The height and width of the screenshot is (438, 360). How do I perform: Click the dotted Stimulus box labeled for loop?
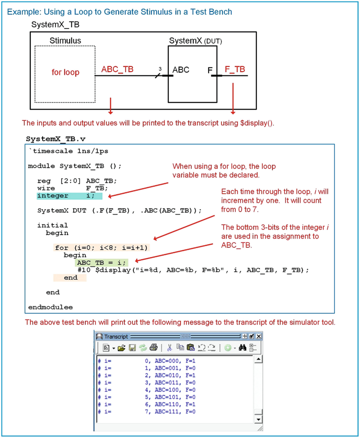[65, 73]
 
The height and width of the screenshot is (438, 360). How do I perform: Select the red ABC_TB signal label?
[117, 69]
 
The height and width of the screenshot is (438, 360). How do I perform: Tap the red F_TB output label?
[234, 69]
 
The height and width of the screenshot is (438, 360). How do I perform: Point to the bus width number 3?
[160, 69]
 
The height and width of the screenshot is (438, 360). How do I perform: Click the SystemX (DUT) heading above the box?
[195, 41]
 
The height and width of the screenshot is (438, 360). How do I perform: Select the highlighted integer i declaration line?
[69, 196]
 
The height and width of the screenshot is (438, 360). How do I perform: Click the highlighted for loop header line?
[102, 247]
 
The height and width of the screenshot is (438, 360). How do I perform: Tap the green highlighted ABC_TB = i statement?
[101, 263]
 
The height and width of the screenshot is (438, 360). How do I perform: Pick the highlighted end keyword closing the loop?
[70, 278]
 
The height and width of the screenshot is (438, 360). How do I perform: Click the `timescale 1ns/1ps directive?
[68, 151]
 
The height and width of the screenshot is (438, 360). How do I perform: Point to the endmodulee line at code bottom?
[50, 307]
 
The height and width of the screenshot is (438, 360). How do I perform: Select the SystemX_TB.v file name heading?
[55, 139]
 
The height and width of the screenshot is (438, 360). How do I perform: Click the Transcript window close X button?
[259, 337]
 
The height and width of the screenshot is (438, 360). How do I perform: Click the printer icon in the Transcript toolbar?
[153, 348]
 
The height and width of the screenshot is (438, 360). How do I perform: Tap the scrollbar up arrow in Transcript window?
[258, 359]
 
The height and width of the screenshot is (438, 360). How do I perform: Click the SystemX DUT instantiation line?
[119, 210]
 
